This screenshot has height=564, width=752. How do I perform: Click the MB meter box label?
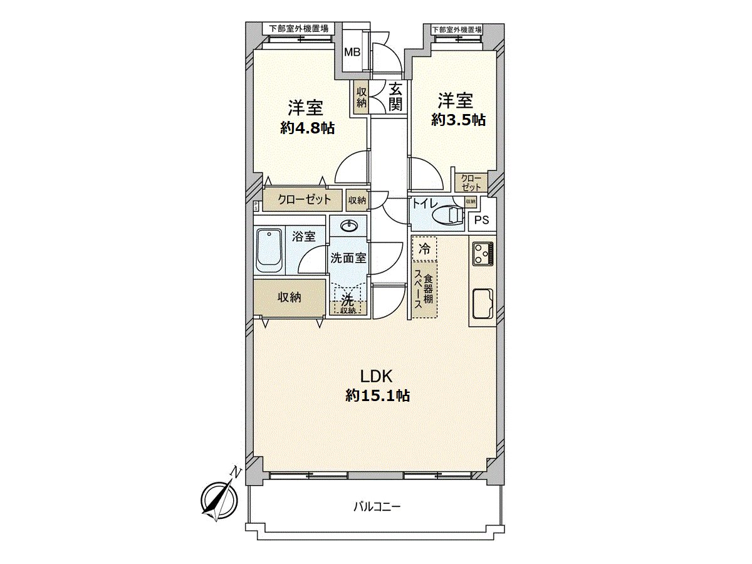[x=352, y=52]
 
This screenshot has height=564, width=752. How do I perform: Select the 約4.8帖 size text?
[x=307, y=128]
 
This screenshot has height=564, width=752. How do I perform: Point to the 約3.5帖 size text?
[x=458, y=120]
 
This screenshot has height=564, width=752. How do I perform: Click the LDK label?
[x=376, y=376]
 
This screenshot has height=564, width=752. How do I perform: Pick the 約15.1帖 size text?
[x=378, y=396]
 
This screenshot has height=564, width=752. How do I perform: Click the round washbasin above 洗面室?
[x=348, y=226]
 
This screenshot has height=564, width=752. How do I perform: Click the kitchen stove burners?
[x=482, y=254]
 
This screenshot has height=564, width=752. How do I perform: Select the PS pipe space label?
[x=481, y=220]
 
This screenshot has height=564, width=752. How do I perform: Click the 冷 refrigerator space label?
[x=425, y=248]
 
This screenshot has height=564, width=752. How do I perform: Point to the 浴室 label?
[x=304, y=236]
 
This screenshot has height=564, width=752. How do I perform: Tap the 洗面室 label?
[x=348, y=258]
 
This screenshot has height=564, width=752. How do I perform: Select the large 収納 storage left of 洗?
[x=290, y=297]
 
